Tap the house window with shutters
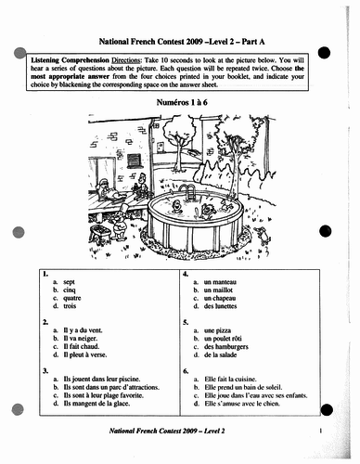(135, 159)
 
